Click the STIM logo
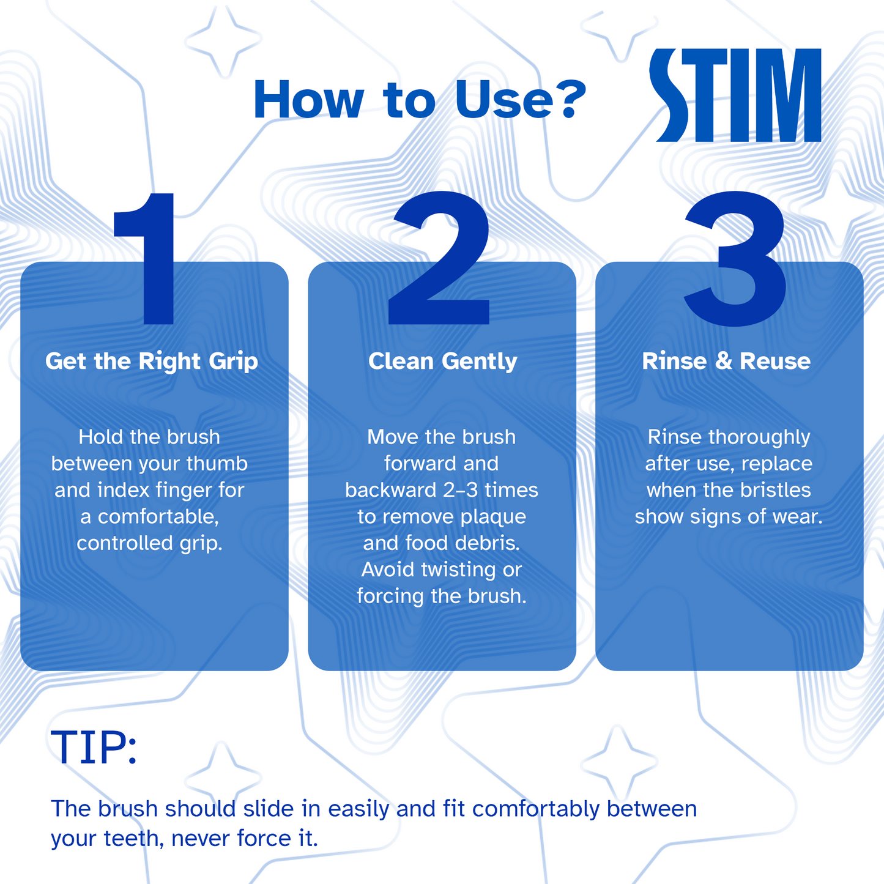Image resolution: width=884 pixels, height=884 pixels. click(735, 95)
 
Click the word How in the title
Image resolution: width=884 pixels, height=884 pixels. click(309, 100)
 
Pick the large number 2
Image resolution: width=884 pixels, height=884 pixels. click(439, 258)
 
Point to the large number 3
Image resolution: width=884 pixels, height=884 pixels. click(735, 259)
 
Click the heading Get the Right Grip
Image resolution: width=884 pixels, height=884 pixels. click(152, 362)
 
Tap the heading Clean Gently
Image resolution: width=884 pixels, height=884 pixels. click(443, 362)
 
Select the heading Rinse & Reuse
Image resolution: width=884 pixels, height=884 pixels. click(726, 360)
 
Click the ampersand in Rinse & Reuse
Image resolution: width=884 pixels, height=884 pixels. click(723, 360)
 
